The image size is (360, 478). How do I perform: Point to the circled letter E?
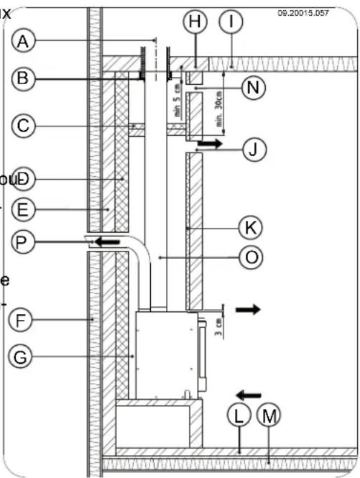pyautogui.click(x=23, y=209)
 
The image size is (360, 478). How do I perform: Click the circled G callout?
pyautogui.click(x=23, y=355)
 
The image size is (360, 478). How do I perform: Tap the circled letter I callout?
pyautogui.click(x=231, y=22)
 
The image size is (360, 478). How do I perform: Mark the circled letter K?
pyautogui.click(x=249, y=228)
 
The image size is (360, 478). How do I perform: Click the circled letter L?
pyautogui.click(x=238, y=414)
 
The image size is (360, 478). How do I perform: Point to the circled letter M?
pyautogui.click(x=269, y=414)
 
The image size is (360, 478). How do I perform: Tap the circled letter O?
pyautogui.click(x=249, y=257)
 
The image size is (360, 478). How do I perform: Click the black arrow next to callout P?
pyautogui.click(x=108, y=242)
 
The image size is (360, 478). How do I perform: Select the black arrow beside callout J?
pyautogui.click(x=210, y=144)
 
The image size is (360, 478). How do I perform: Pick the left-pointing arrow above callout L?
pyautogui.click(x=249, y=394)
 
